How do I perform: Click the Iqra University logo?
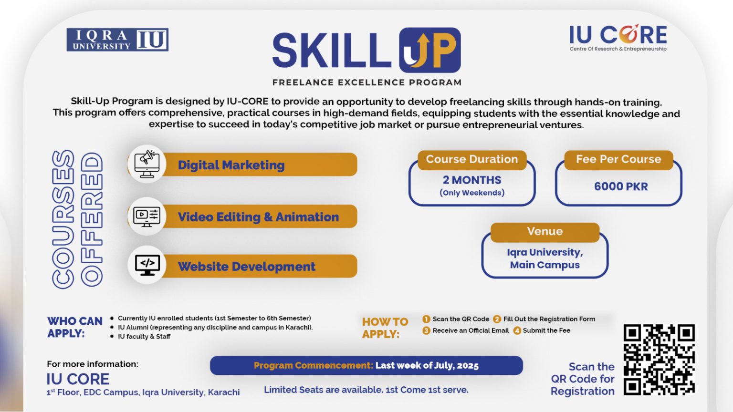[x=117, y=40]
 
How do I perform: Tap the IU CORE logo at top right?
[x=618, y=38]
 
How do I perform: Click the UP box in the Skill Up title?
[x=430, y=50]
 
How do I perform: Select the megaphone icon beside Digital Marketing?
[x=147, y=164]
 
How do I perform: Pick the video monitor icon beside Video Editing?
[x=147, y=216]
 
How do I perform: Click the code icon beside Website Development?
[x=147, y=265]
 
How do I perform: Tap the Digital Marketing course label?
[x=231, y=165]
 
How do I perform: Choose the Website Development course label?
[x=246, y=266]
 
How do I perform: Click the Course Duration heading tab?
[x=471, y=159]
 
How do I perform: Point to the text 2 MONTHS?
[x=471, y=180]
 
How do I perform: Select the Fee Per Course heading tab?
[x=618, y=159]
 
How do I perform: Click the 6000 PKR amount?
[x=621, y=186]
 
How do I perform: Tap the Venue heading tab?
[x=545, y=232]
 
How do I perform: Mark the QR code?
[x=659, y=360]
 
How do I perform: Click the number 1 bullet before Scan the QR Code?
[x=426, y=319]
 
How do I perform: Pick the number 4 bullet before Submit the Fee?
[x=517, y=330]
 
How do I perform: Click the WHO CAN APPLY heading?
[x=74, y=327]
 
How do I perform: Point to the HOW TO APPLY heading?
[x=385, y=328]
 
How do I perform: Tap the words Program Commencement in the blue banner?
[x=313, y=366]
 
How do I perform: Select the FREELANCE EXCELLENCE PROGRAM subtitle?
[x=366, y=82]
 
